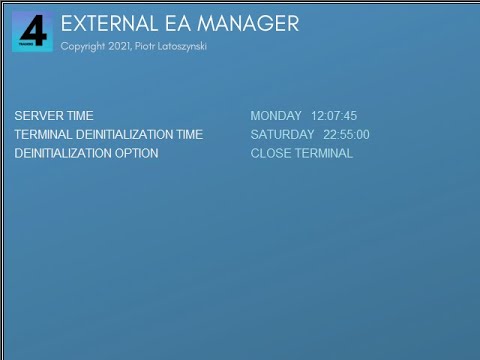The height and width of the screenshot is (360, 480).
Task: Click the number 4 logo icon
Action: point(32,31)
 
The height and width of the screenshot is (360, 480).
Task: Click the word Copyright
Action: point(83,46)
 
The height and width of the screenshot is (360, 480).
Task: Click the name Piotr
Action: point(146,46)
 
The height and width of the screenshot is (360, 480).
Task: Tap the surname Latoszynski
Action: point(185,46)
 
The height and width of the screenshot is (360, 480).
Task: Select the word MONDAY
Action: point(276,116)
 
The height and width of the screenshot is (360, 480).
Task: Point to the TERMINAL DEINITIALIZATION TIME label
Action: point(108,135)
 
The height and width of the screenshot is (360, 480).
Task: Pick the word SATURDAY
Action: point(282,135)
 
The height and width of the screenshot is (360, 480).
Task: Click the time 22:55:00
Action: point(346,135)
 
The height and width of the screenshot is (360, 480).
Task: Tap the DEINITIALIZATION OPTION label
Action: point(86,154)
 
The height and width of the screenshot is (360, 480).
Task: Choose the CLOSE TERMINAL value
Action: point(301,154)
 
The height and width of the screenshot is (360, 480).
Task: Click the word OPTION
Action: point(136,154)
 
